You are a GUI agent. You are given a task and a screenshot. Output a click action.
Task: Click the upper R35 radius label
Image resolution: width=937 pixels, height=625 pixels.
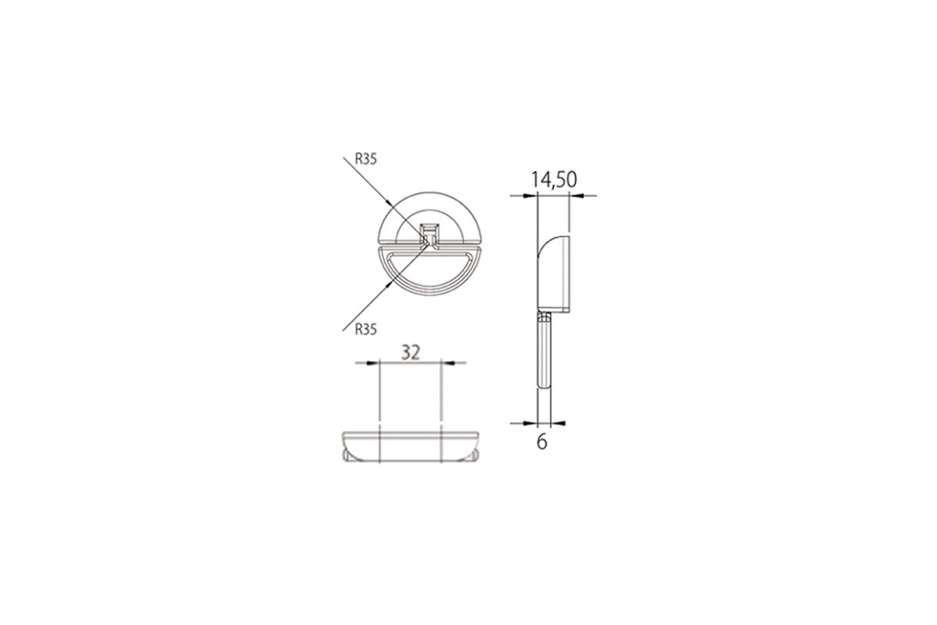point(365,159)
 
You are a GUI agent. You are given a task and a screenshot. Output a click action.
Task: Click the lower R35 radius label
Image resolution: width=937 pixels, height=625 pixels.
point(365,330)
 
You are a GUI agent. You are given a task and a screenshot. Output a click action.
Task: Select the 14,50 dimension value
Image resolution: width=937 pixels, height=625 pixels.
point(554,180)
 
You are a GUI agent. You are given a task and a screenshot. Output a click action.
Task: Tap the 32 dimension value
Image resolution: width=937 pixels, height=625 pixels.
point(411,353)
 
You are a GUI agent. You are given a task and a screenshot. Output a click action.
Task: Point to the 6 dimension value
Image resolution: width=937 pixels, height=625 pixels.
point(542,441)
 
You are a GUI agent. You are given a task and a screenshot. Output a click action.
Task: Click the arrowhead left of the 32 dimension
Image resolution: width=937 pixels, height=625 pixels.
point(372,363)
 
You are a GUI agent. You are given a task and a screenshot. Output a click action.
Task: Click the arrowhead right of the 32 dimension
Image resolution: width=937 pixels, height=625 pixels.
point(447,363)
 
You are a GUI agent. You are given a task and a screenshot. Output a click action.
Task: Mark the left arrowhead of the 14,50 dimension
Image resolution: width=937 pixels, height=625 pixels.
point(530,195)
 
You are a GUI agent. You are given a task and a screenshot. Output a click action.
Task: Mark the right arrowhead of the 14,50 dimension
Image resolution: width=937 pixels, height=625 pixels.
point(576,195)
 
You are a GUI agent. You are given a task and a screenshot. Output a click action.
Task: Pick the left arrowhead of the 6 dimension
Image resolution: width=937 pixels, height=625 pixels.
point(530,423)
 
